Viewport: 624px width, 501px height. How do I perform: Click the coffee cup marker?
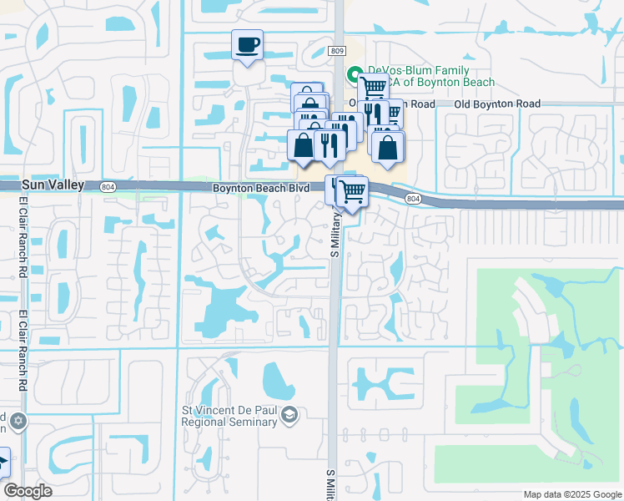[x=247, y=45]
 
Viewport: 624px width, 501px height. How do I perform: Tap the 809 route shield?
[x=336, y=51]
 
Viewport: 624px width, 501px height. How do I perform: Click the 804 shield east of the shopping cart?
[x=413, y=199]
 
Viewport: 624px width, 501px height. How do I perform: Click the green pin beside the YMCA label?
[x=354, y=73]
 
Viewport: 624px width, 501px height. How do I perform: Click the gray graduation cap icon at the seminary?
[x=289, y=415]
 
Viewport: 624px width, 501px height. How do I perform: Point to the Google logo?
[x=28, y=491]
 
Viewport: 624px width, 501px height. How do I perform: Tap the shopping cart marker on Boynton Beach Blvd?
[x=352, y=191]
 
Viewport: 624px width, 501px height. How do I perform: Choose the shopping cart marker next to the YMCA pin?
[x=373, y=86]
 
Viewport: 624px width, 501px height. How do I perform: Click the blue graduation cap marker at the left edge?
[x=3, y=463]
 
